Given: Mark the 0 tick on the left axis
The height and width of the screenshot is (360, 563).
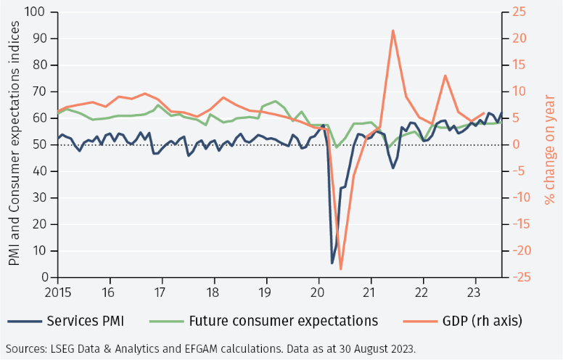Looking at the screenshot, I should [x=41, y=277].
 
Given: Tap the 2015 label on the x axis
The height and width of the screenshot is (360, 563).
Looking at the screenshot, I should [x=57, y=292].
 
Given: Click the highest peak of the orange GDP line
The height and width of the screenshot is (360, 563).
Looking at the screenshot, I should [x=393, y=30].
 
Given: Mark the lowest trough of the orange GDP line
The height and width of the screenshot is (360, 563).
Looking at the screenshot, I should [x=341, y=269].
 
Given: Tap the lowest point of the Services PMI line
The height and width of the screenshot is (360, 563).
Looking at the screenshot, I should [x=332, y=263].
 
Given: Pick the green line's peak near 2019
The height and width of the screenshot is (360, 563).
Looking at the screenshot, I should [x=276, y=101].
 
